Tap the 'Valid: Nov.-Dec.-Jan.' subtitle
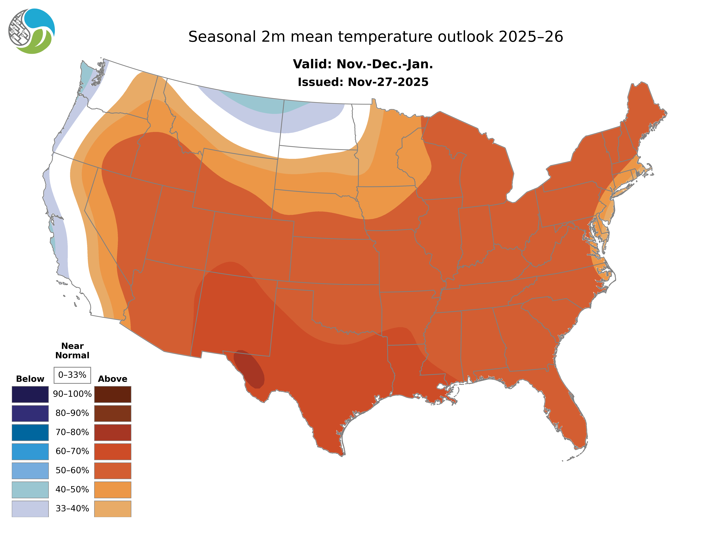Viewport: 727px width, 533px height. [363, 64]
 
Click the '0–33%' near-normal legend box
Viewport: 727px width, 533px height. [72, 375]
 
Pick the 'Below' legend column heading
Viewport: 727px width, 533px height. [30, 379]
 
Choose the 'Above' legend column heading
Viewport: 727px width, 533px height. [113, 379]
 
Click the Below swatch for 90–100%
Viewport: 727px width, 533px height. [30, 394]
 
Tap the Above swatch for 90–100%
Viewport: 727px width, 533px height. [113, 394]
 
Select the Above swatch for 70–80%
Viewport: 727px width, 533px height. [113, 432]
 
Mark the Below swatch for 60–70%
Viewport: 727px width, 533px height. [30, 451]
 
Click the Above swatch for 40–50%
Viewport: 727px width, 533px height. [113, 489]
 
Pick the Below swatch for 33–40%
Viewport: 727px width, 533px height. [30, 508]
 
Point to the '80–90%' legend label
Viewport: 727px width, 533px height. [72, 413]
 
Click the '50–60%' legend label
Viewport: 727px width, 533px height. [72, 470]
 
